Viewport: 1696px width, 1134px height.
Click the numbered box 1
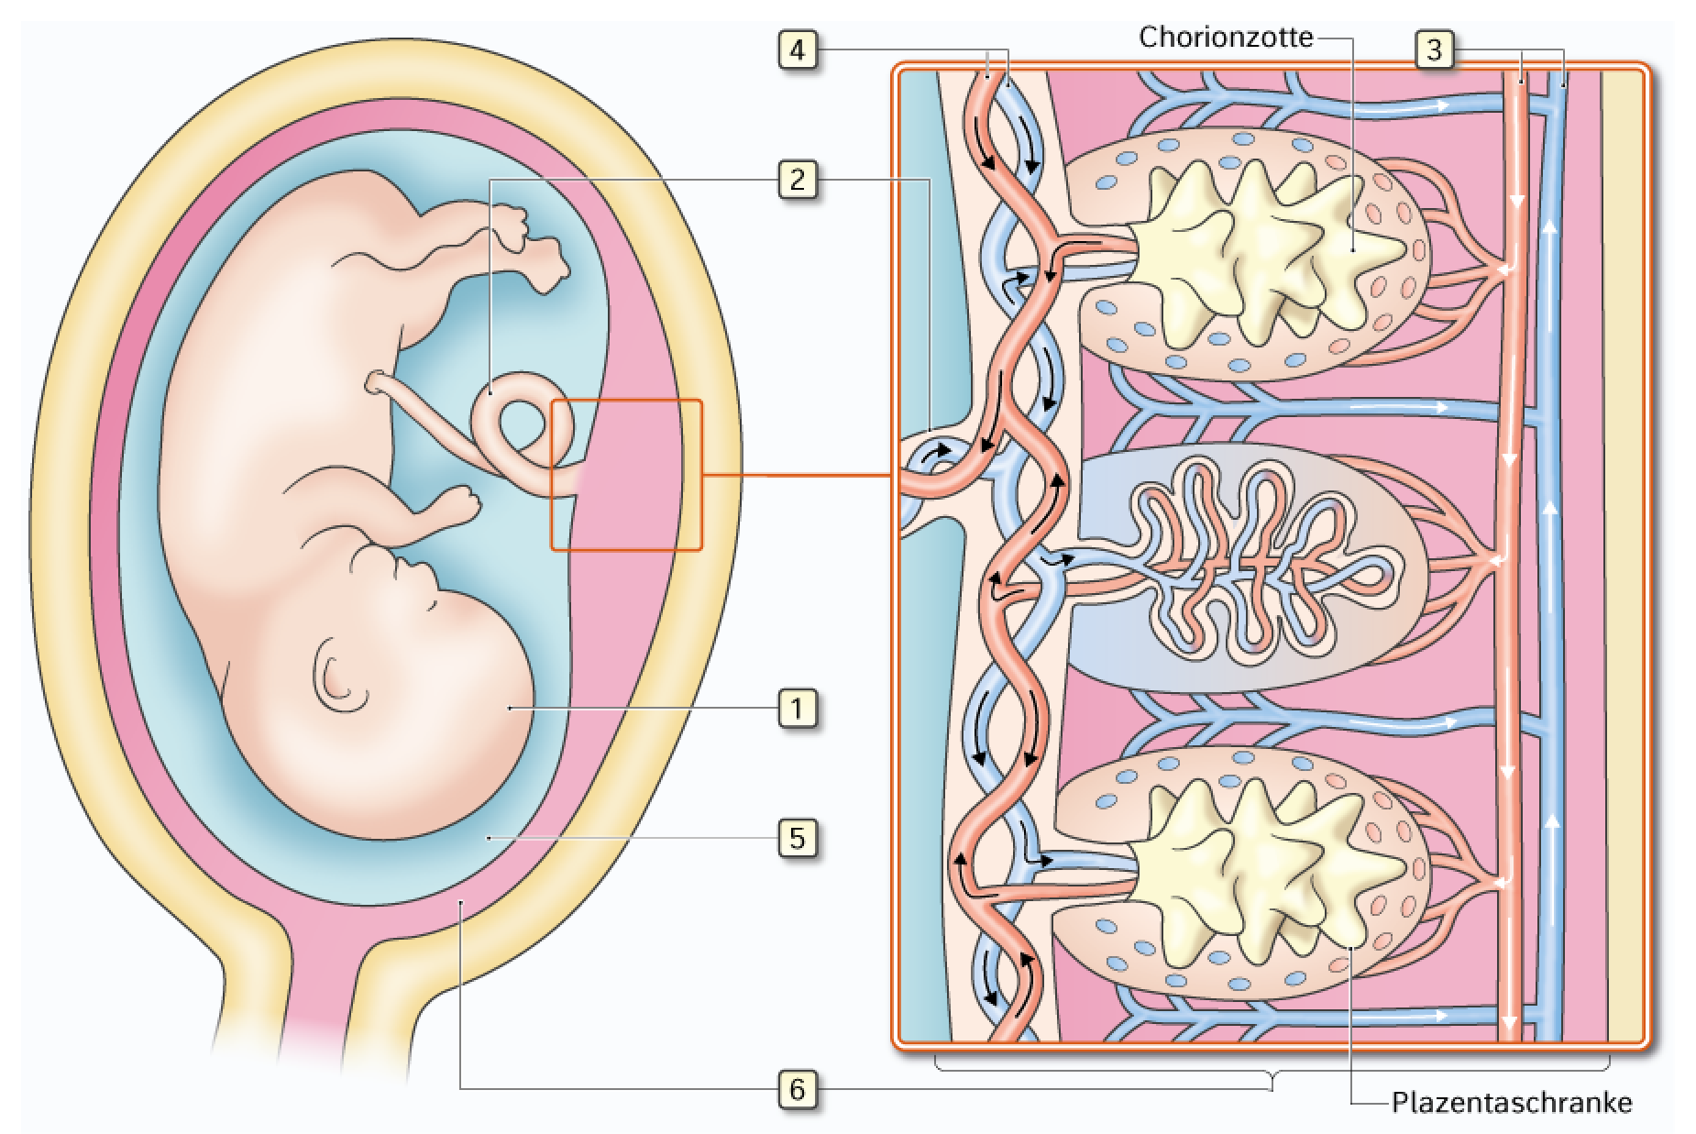[x=797, y=709]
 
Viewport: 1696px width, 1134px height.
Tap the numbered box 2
[x=797, y=179]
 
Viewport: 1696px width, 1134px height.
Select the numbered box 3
[x=1434, y=49]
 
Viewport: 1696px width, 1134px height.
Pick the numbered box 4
[x=797, y=49]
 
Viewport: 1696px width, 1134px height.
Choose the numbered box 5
[x=797, y=838]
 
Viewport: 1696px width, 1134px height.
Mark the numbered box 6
[x=797, y=1089]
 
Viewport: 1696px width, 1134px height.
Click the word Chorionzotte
[x=1226, y=37]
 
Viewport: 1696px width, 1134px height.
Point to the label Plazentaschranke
[x=1512, y=1101]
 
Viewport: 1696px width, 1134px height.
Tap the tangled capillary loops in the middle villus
[x=1261, y=561]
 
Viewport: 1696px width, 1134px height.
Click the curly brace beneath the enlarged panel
[x=1272, y=1073]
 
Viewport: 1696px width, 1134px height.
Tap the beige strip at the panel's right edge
[x=1622, y=556]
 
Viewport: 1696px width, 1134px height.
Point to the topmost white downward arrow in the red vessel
[x=1516, y=201]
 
